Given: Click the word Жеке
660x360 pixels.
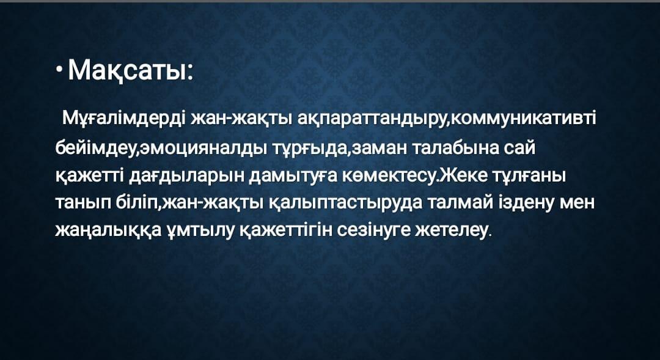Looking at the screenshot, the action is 460,175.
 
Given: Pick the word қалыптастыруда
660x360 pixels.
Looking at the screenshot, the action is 345,204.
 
